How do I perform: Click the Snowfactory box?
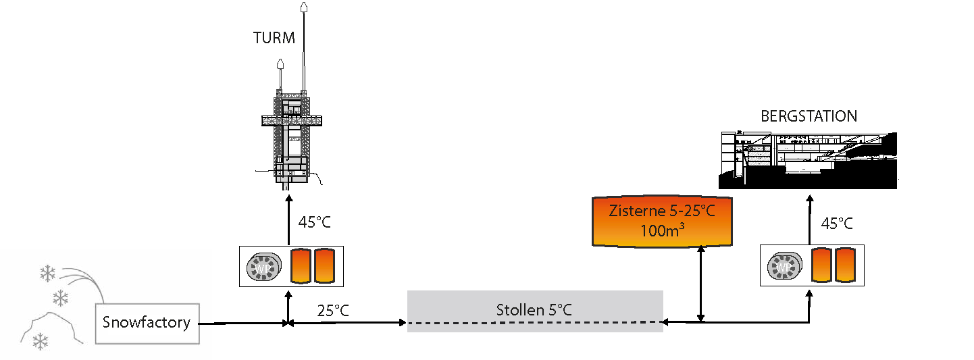[147, 323]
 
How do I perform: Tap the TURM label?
[274, 38]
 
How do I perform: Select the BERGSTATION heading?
[809, 116]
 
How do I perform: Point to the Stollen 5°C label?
[534, 310]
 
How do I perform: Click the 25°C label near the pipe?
[334, 311]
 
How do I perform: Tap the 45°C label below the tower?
[314, 222]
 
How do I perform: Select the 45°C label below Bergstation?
[836, 224]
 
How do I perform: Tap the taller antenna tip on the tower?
[304, 9]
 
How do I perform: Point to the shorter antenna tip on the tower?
[280, 66]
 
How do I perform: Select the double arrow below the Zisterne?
[702, 284]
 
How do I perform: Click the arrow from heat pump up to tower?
[288, 220]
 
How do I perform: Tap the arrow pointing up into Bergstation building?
[809, 220]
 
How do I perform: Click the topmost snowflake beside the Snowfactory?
[47, 273]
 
